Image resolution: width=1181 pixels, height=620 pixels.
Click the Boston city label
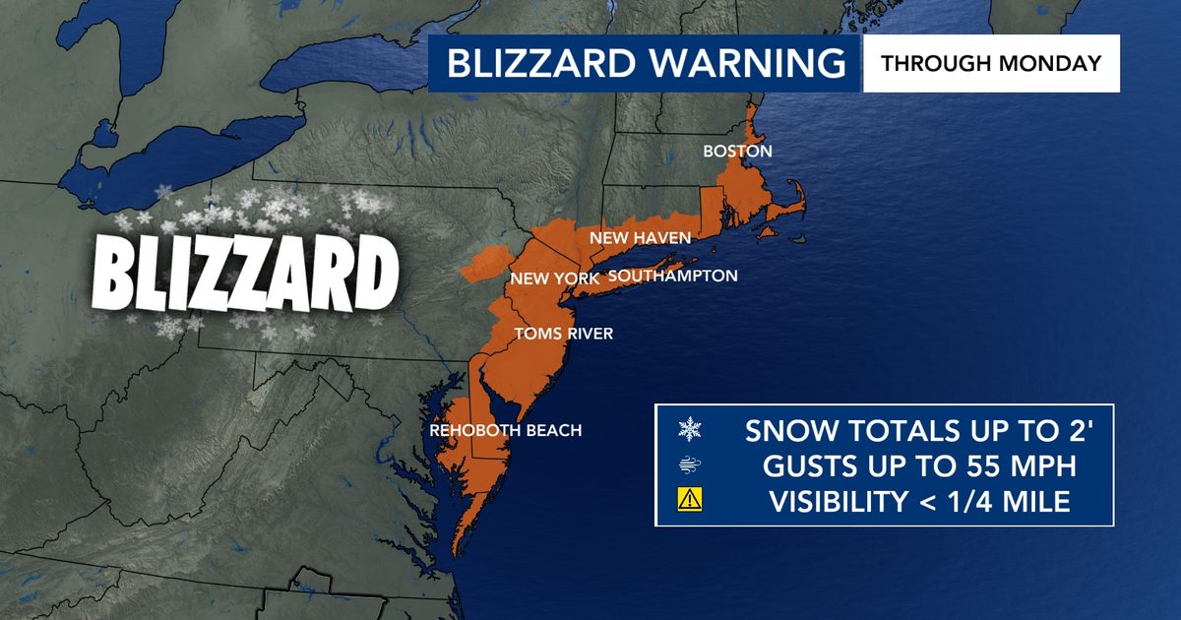tap(736, 152)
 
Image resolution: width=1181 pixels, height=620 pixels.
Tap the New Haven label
tap(640, 239)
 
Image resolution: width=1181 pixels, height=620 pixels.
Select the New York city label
tap(555, 279)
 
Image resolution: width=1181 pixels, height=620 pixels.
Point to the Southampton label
tap(672, 276)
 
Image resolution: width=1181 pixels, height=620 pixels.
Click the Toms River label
tap(563, 334)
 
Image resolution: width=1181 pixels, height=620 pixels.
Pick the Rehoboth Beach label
tap(506, 430)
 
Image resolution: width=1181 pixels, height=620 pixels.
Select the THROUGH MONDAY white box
tap(991, 64)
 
